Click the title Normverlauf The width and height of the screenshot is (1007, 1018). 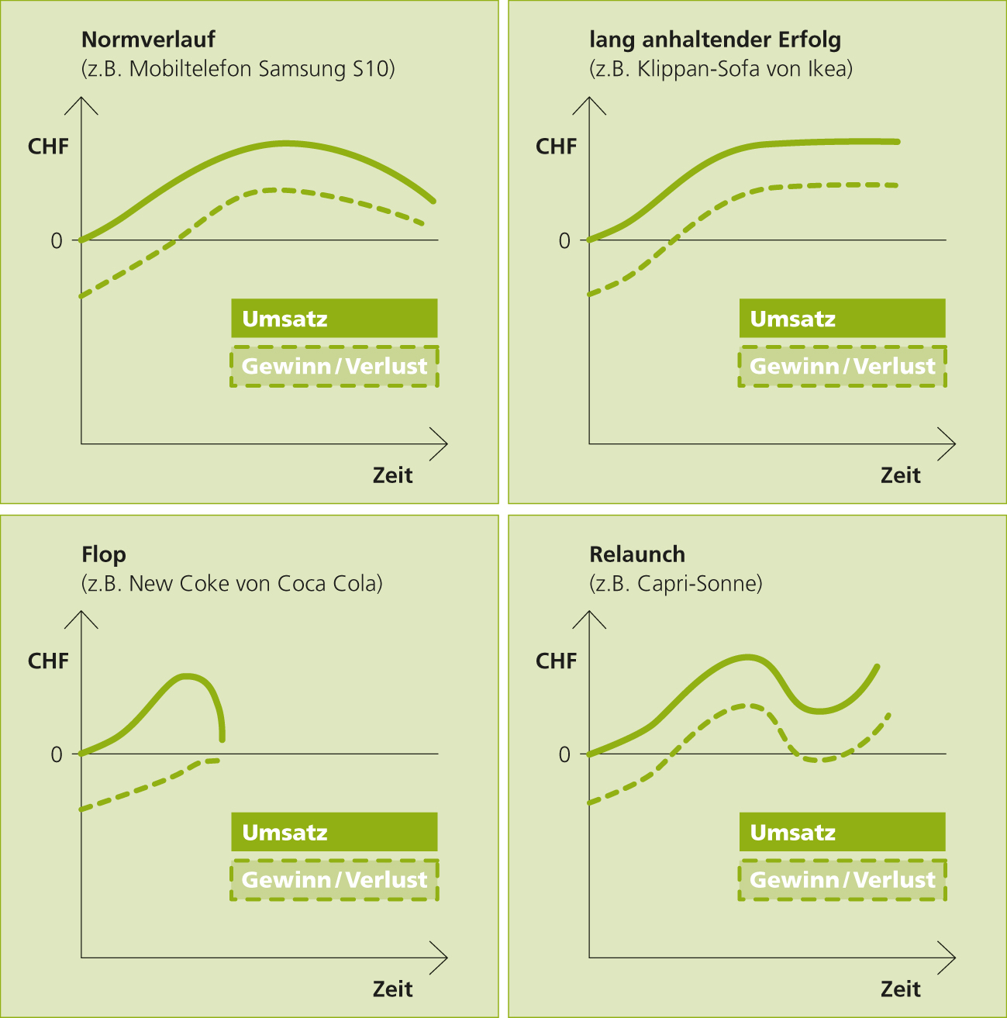coord(148,40)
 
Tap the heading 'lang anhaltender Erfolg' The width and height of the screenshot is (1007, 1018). coord(715,40)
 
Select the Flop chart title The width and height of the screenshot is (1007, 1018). coord(103,554)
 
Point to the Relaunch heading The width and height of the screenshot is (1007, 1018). coord(637,554)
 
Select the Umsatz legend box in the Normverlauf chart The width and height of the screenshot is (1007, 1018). coord(334,319)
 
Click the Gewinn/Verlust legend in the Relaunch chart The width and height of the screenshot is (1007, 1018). coord(842,880)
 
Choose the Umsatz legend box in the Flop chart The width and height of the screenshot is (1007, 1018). coord(334,833)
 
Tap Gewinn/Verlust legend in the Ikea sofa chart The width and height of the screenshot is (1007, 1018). coord(842,366)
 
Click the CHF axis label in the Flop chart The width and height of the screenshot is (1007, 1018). coord(48,661)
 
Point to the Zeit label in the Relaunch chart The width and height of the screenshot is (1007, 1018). coord(901,989)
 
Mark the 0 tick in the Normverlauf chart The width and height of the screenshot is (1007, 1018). coord(57,241)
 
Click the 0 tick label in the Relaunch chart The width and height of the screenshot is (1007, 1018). coord(564,755)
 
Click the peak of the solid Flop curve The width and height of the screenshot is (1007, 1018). coord(187,675)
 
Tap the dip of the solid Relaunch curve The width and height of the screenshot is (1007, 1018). coord(819,710)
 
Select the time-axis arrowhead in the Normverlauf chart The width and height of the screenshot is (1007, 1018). coord(442,444)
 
